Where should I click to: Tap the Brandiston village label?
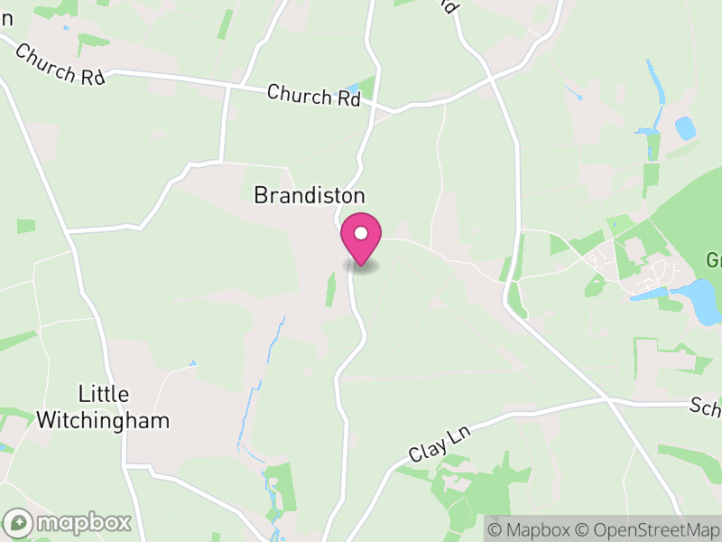[310, 195]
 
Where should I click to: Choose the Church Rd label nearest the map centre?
[313, 95]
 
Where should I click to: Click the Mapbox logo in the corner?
[69, 523]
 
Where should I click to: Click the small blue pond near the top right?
[686, 128]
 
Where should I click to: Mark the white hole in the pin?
[361, 233]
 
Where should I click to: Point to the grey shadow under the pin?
[361, 266]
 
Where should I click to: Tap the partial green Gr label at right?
[713, 261]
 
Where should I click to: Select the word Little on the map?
[105, 395]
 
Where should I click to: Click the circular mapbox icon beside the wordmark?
[20, 523]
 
